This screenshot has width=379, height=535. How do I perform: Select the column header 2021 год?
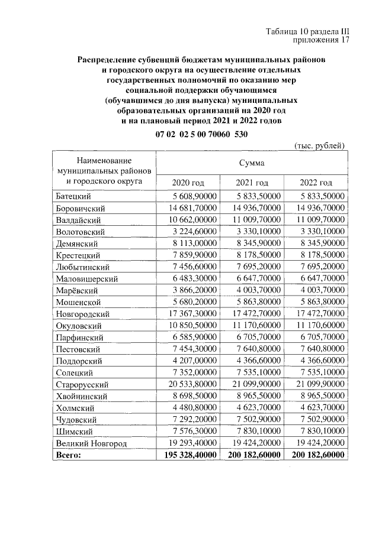coord(252,183)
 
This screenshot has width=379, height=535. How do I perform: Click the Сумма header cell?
coord(252,162)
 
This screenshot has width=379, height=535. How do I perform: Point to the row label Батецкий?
coord(74,196)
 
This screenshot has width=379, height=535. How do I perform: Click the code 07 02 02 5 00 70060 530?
coord(201,134)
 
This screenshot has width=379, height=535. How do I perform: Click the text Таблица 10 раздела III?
coord(307,32)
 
